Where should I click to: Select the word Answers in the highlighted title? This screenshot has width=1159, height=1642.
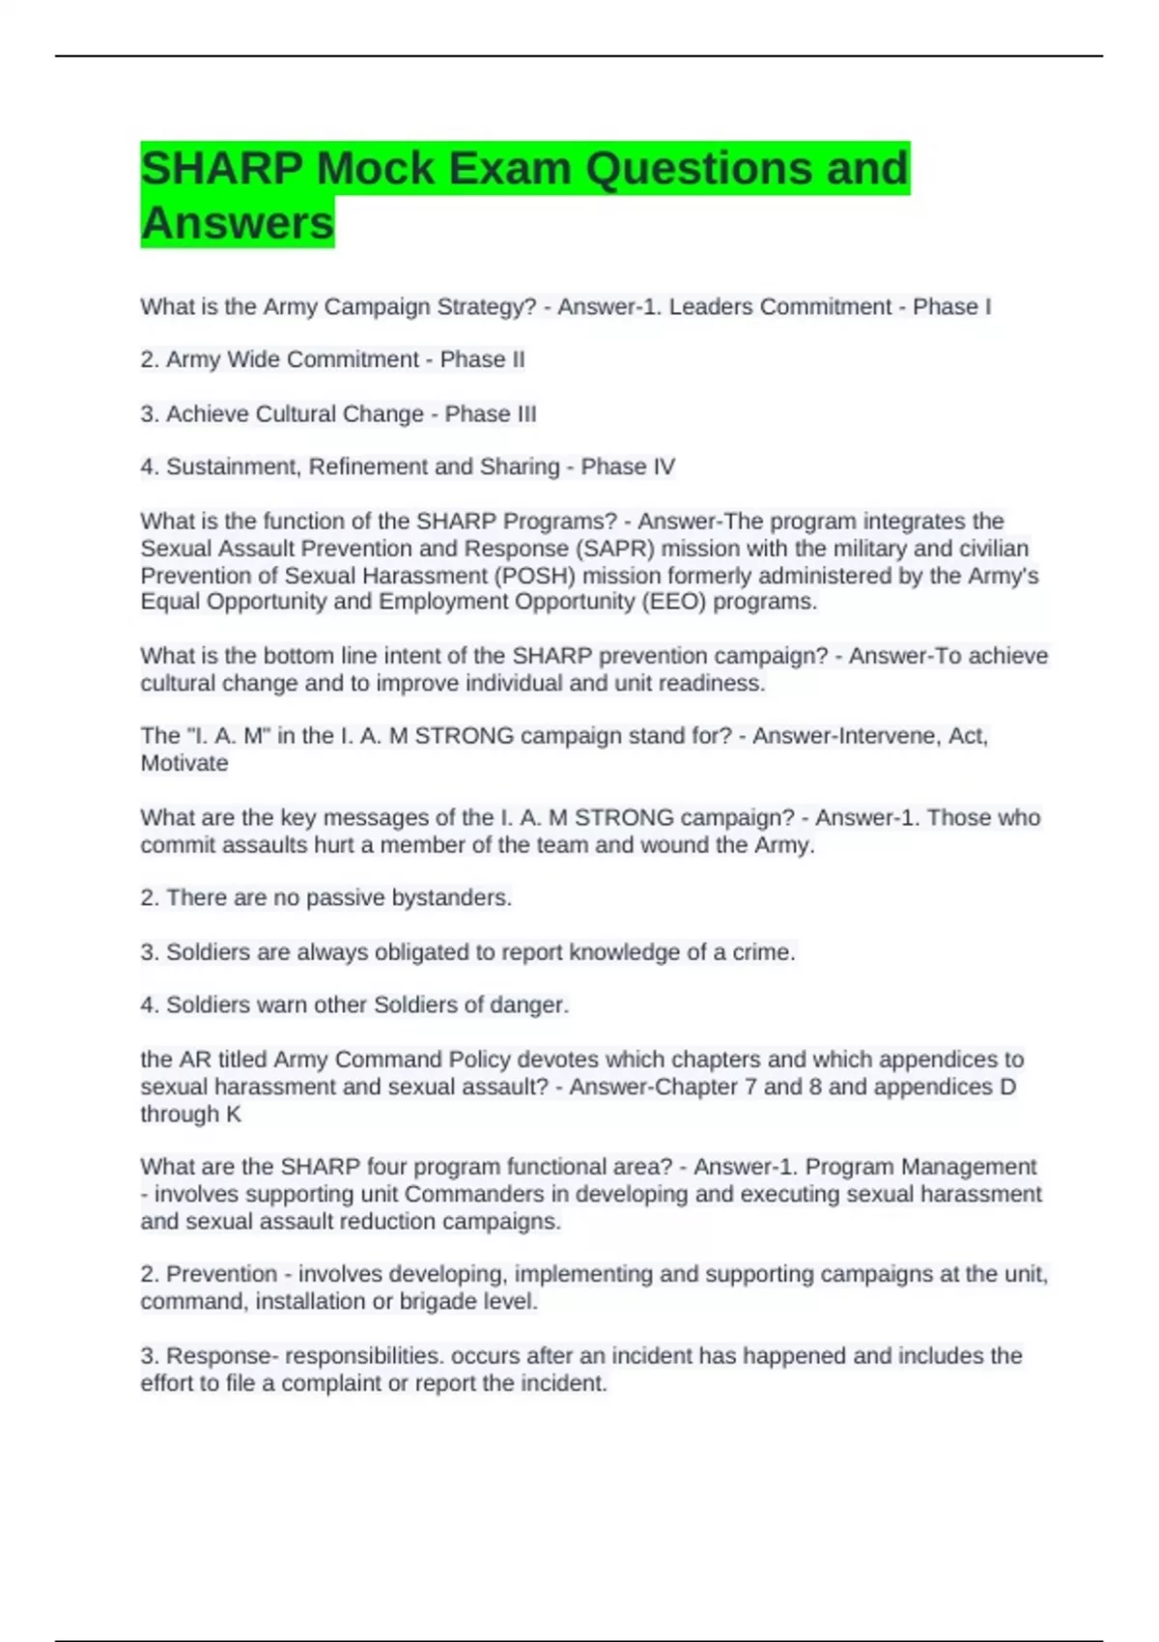(x=237, y=223)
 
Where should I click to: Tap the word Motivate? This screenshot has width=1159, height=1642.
(x=184, y=763)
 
